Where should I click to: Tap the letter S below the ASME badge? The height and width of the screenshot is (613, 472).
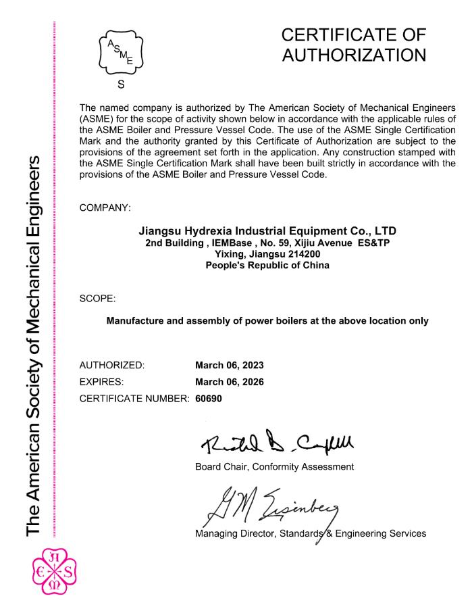point(121,85)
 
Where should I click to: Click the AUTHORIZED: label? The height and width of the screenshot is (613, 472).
point(112,366)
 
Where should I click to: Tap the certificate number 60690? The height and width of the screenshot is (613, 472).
point(209,398)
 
